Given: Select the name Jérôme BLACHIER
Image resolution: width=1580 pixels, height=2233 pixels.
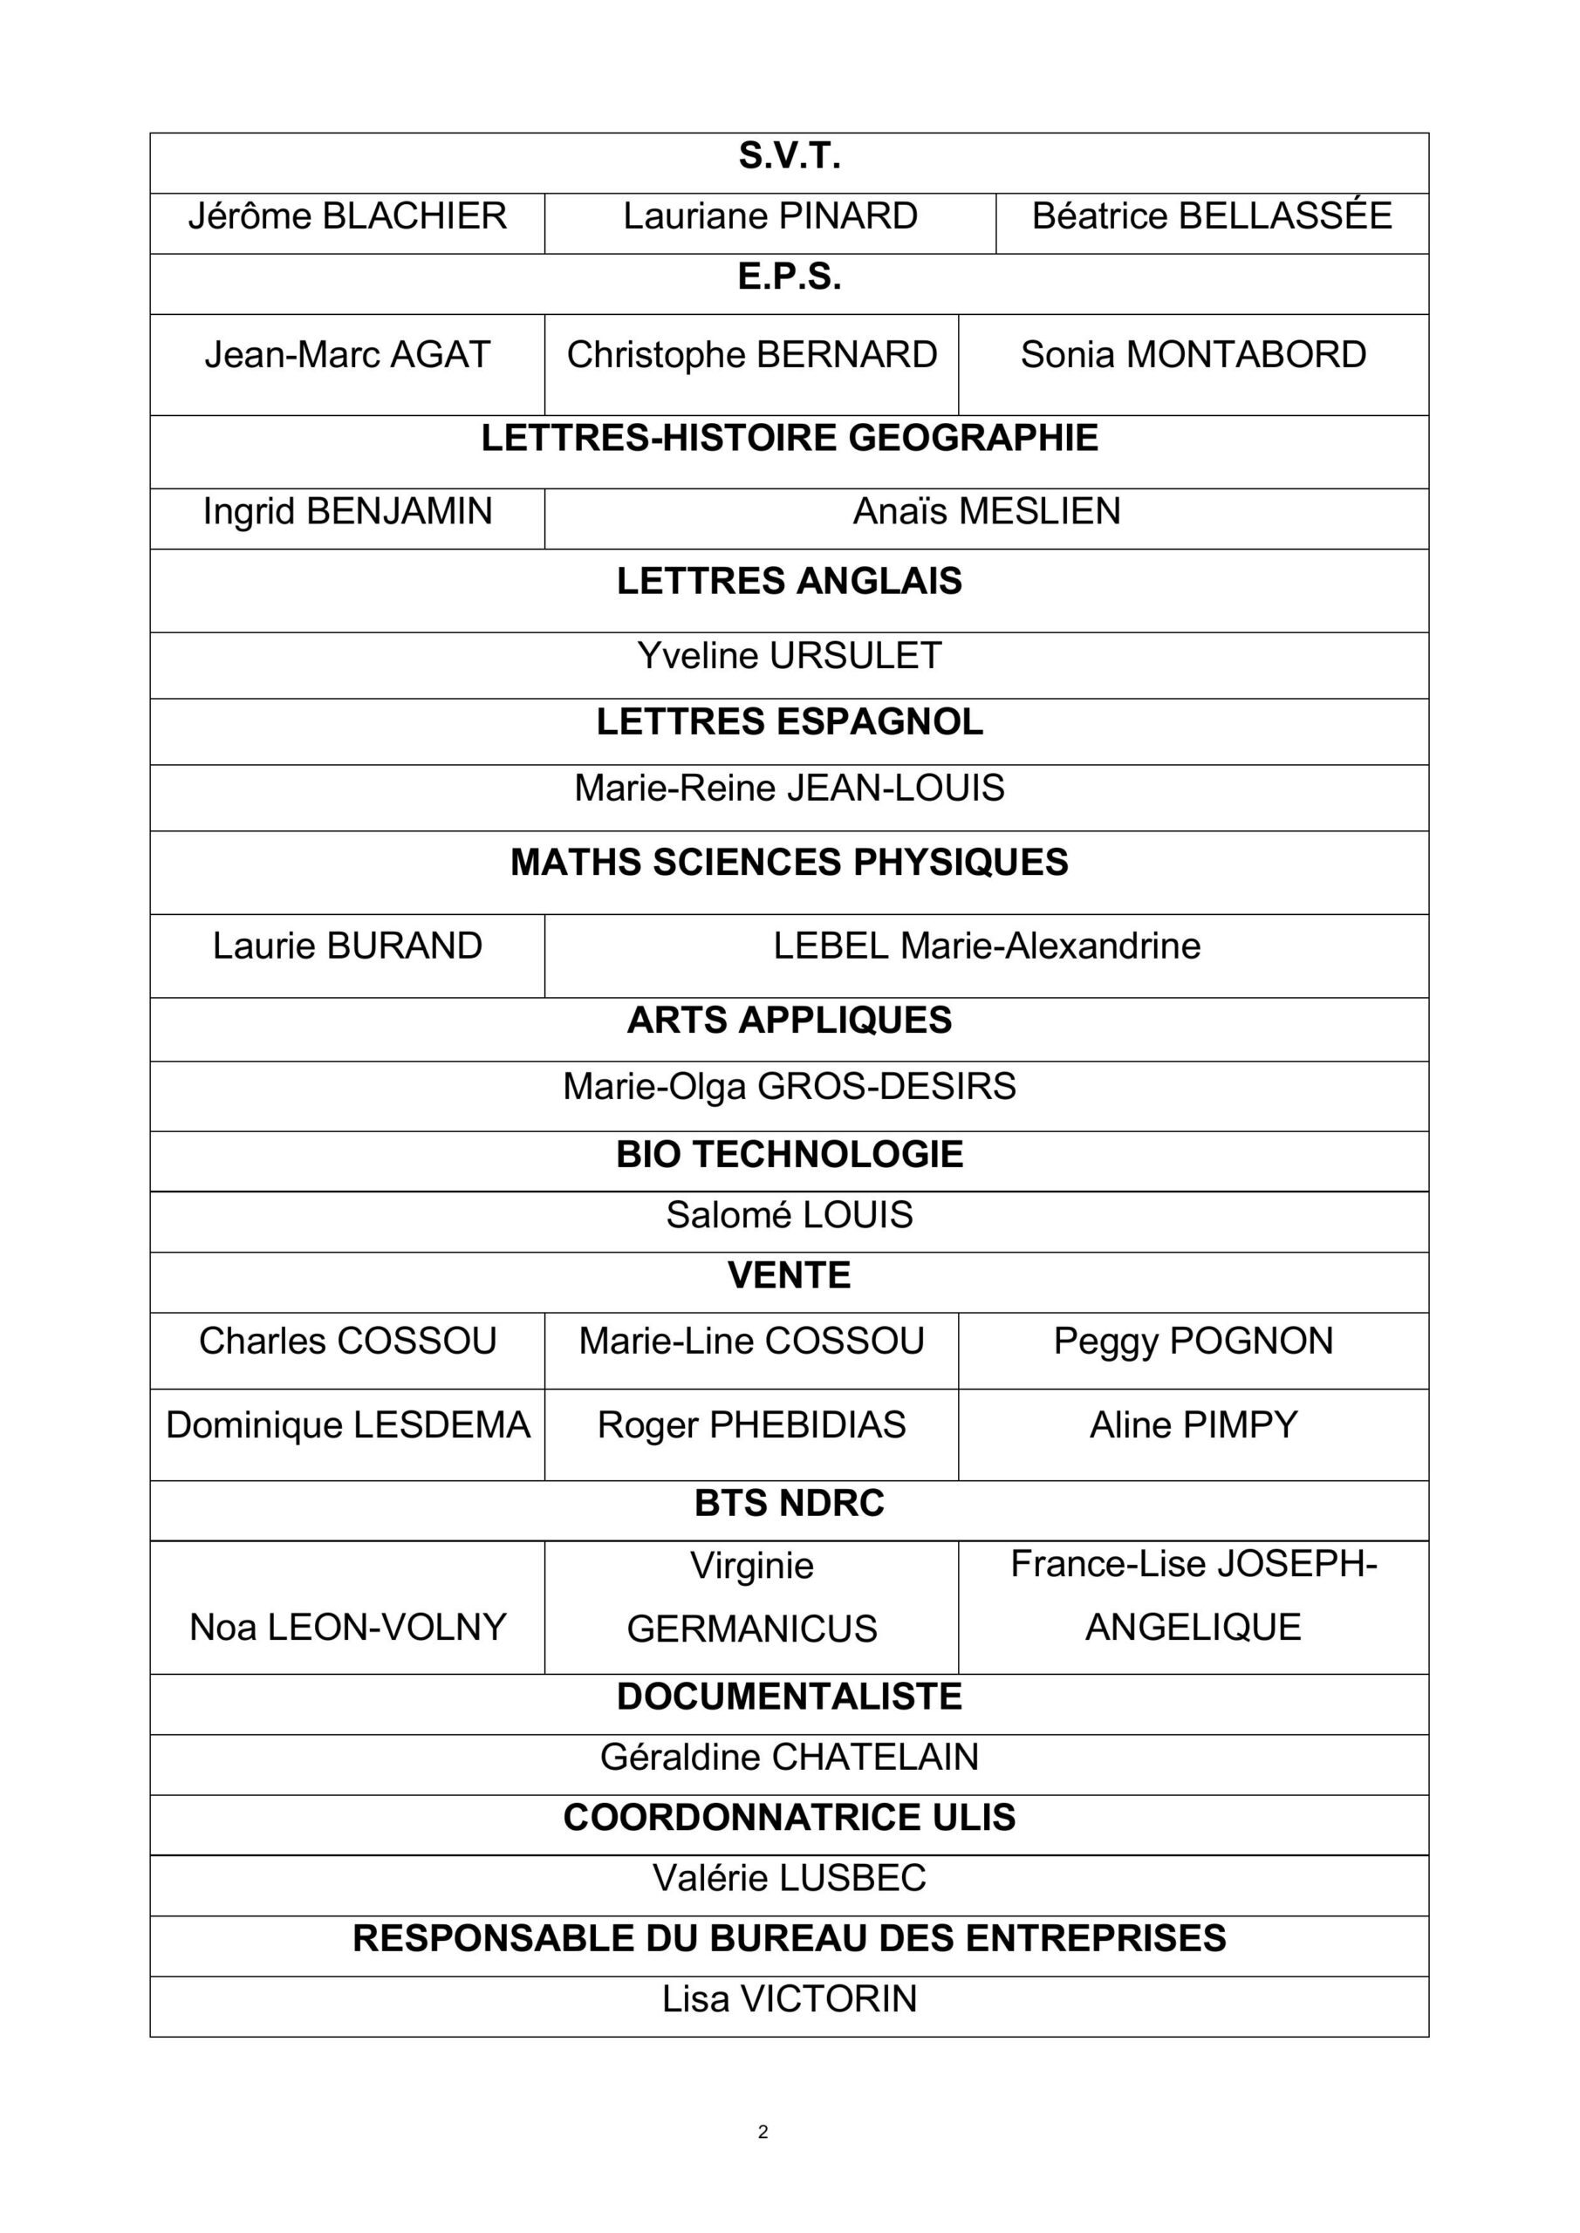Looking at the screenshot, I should point(347,216).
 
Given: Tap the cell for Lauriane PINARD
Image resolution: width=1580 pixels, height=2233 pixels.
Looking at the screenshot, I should point(769,216).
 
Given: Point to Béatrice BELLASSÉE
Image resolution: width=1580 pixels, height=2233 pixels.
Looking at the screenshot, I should point(1211,216).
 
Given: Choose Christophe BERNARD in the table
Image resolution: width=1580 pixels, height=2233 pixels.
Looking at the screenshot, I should point(751,355).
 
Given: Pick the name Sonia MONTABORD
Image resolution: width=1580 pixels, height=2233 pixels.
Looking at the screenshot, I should point(1193,355).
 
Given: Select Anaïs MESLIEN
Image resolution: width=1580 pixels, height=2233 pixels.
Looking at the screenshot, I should point(987,511).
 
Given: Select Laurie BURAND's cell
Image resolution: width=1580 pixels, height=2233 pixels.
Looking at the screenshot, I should point(347,946).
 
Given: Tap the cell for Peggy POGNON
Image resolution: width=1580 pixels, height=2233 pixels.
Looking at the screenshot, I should point(1193,1342).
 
